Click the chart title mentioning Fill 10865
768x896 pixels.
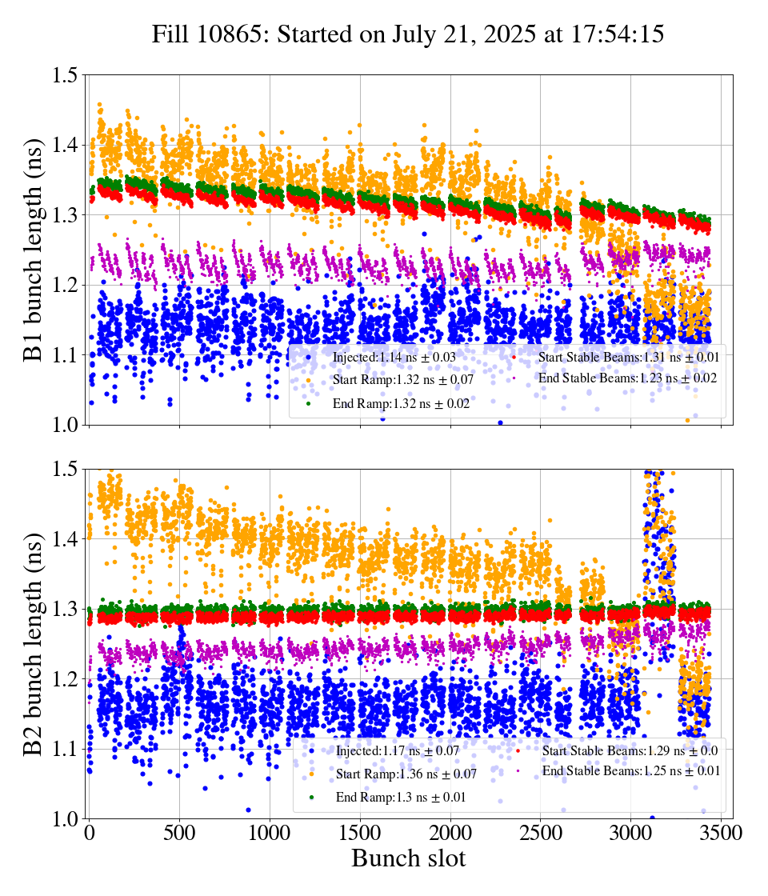point(408,35)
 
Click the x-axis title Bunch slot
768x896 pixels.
point(408,859)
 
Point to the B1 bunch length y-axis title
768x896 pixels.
point(34,250)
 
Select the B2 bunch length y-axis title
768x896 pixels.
point(34,644)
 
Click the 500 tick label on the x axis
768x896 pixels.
point(180,833)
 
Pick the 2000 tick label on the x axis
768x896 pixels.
point(451,833)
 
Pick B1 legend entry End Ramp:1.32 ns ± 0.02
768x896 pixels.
point(400,404)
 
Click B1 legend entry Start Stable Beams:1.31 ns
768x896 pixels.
point(628,357)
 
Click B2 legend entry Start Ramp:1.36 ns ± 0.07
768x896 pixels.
point(406,774)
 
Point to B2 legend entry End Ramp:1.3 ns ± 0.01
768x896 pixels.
point(401,797)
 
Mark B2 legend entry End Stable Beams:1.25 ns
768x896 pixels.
point(631,771)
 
